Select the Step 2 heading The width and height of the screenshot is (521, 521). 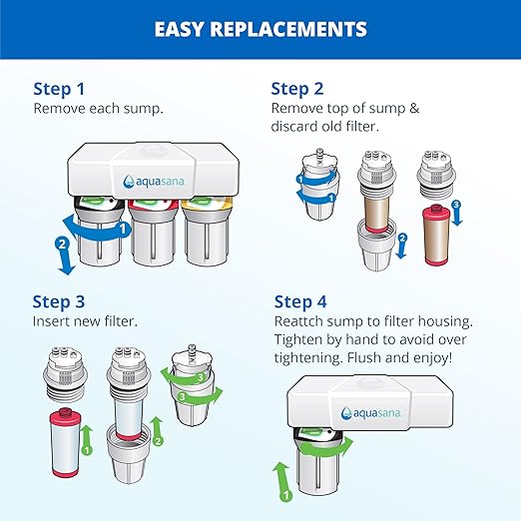click(302, 88)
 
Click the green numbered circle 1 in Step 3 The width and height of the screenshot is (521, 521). click(87, 450)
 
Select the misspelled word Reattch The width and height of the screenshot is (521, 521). click(302, 321)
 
